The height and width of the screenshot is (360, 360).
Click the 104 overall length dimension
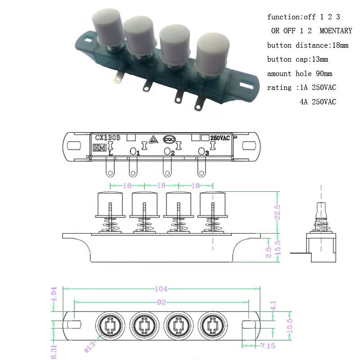pyautogui.click(x=161, y=289)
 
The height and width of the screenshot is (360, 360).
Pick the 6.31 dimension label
pyautogui.click(x=54, y=350)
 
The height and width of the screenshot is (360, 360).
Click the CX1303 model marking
pyautogui.click(x=108, y=137)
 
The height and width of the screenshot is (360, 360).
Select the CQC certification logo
pyautogui.click(x=169, y=139)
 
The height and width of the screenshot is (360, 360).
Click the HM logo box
pyautogui.click(x=97, y=147)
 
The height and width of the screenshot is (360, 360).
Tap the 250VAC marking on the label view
pyautogui.click(x=220, y=138)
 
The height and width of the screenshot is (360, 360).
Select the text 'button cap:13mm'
pyautogui.click(x=297, y=59)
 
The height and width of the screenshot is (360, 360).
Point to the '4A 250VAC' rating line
pyautogui.click(x=318, y=102)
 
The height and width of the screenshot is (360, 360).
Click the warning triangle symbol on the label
pyautogui.click(x=153, y=139)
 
